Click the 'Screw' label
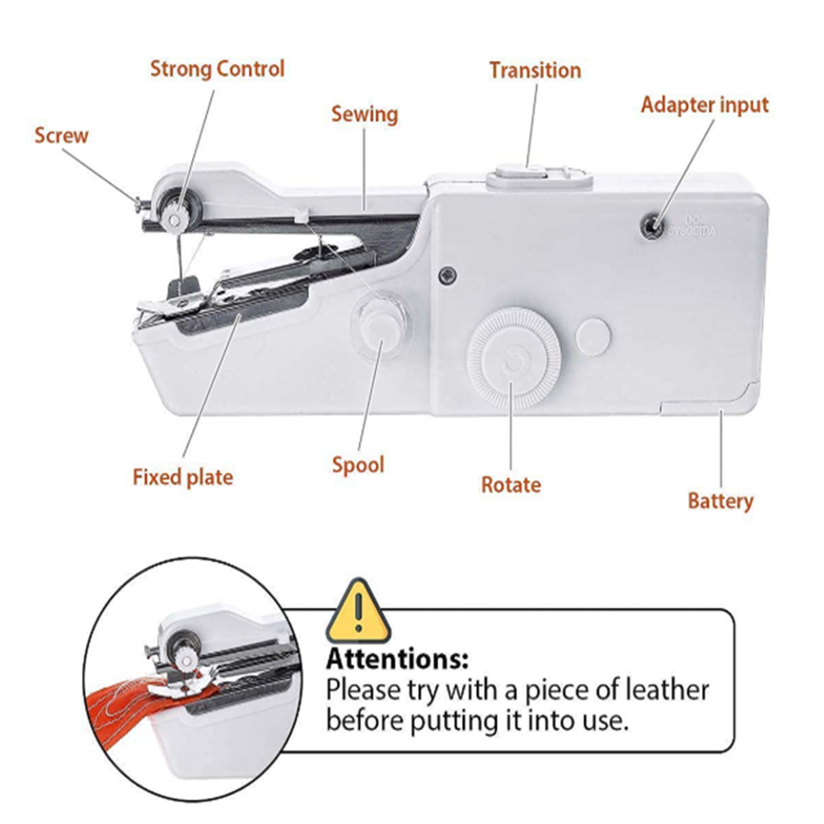[x=61, y=135]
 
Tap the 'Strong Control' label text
[x=217, y=68]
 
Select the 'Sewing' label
[x=364, y=114]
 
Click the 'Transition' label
[x=535, y=70]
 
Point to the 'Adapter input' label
[x=705, y=105]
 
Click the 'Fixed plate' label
[x=183, y=476]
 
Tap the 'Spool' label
[x=358, y=465]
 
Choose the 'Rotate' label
[x=511, y=485]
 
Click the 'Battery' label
[x=720, y=500]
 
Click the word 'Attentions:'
[x=397, y=660]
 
